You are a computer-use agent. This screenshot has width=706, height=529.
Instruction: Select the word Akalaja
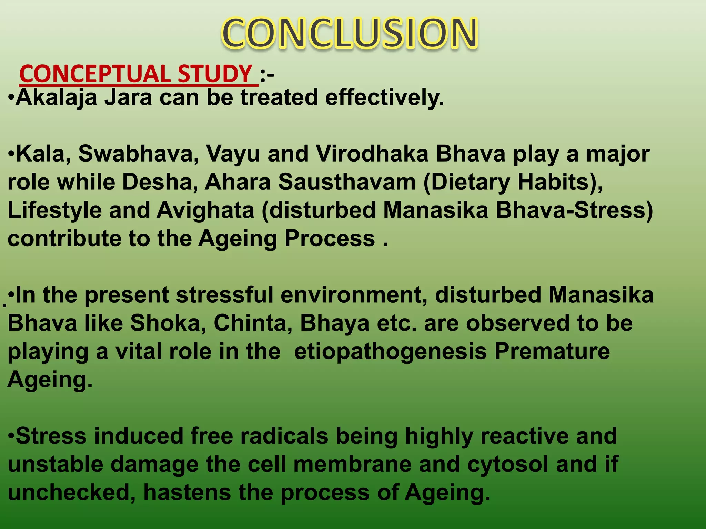(56, 98)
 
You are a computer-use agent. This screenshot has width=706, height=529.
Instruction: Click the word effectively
(384, 98)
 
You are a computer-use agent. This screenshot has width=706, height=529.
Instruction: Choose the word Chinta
(253, 323)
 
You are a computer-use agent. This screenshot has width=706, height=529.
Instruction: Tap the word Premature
(552, 352)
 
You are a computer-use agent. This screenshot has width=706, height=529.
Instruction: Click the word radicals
(284, 436)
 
